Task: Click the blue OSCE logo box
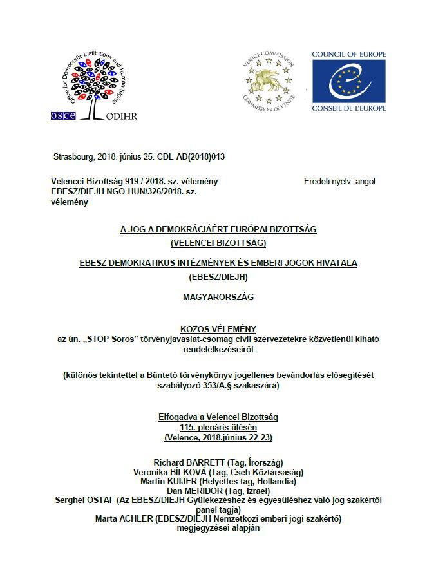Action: pyautogui.click(x=63, y=115)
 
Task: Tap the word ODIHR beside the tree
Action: pyautogui.click(x=118, y=116)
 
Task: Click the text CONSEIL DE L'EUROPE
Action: pyautogui.click(x=349, y=108)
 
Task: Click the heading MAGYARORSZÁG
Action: pyautogui.click(x=218, y=297)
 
